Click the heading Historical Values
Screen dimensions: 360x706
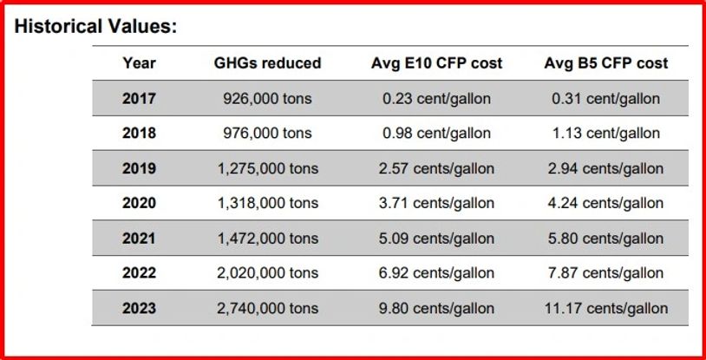click(96, 25)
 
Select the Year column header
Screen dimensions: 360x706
click(139, 63)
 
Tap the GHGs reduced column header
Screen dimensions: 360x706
click(267, 63)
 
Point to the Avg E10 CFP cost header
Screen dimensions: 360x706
click(436, 63)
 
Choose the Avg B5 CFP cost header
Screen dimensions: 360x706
click(605, 63)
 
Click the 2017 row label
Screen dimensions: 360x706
click(139, 99)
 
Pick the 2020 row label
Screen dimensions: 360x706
click(139, 203)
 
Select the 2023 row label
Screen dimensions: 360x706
click(139, 308)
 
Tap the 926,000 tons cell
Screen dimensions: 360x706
click(267, 99)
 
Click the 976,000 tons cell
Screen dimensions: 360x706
click(267, 134)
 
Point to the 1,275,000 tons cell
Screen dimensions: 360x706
click(267, 168)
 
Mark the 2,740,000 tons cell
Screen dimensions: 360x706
click(267, 308)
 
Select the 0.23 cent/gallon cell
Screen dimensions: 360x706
click(436, 99)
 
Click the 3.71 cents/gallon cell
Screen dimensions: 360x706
click(436, 203)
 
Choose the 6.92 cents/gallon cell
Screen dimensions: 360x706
click(436, 273)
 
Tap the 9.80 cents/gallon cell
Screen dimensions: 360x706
click(436, 308)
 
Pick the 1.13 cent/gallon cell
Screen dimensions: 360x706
click(605, 134)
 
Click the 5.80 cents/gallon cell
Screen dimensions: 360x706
click(605, 239)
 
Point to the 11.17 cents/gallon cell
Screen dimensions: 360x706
click(605, 308)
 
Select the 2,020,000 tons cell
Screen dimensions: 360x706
click(267, 273)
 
